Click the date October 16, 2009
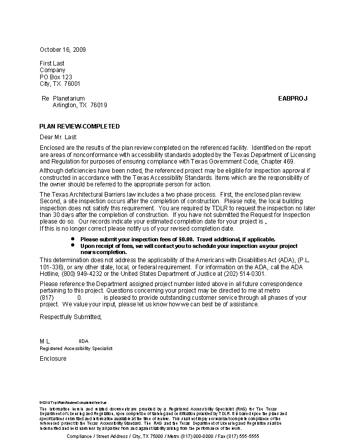click(x=63, y=50)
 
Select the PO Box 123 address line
click(x=55, y=77)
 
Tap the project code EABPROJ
click(x=292, y=99)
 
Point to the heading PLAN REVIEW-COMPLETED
click(x=79, y=127)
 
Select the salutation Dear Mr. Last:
click(x=58, y=137)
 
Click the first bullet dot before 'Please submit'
click(x=73, y=238)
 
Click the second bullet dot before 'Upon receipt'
click(x=73, y=245)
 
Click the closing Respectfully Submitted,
click(x=71, y=317)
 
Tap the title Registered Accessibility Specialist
click(x=76, y=349)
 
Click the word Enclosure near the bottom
click(x=53, y=359)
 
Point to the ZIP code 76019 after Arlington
click(x=99, y=105)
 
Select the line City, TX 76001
click(x=59, y=84)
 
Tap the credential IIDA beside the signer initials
click(x=84, y=341)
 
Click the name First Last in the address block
click(x=52, y=64)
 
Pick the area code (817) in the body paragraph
click(x=46, y=298)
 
